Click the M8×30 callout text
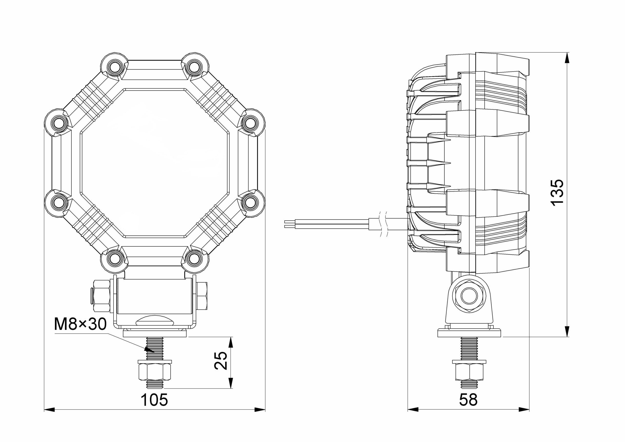80,324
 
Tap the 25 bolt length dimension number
220,361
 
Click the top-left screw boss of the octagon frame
114,66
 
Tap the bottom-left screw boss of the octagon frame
114,258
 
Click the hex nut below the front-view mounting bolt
155,372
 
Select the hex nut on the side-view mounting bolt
469,372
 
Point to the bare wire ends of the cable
290,224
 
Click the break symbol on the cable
384,224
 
